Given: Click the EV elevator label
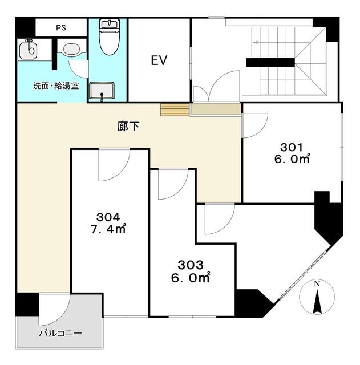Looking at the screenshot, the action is click(x=159, y=60).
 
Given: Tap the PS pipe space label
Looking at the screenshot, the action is click(x=61, y=28).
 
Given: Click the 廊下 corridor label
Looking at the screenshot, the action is click(x=128, y=127).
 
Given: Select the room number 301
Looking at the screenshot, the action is click(x=292, y=147).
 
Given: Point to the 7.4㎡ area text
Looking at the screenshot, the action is click(x=108, y=229).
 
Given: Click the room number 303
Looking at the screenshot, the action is click(x=191, y=265).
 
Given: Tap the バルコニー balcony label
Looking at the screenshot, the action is click(x=60, y=333).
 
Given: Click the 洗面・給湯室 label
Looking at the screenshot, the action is click(x=56, y=86).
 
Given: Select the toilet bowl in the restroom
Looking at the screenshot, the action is click(x=109, y=37).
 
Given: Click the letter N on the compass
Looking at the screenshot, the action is click(x=317, y=284).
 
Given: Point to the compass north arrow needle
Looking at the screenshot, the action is click(x=317, y=302).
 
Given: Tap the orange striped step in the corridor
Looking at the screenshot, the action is click(x=175, y=109).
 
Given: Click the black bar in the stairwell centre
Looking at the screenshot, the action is click(x=270, y=62).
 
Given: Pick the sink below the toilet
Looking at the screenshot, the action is click(x=102, y=91).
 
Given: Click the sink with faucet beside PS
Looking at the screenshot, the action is click(x=28, y=49).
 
